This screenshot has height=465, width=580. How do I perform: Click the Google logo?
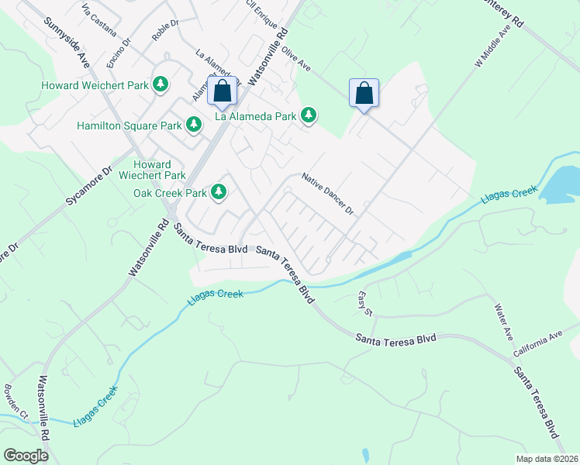[x=26, y=456]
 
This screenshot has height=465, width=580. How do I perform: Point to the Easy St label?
[x=365, y=302]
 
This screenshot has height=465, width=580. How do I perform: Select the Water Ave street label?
[x=504, y=319]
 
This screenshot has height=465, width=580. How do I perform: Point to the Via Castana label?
[x=98, y=21]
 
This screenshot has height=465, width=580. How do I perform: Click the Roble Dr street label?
[x=165, y=29]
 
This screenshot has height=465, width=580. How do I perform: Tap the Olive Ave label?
[x=297, y=59]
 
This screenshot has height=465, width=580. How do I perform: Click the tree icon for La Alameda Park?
[x=309, y=116]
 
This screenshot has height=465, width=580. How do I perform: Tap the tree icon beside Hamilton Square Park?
[x=193, y=124]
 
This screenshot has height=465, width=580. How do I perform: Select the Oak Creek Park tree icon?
[x=219, y=191]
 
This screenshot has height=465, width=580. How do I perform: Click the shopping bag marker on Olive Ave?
[x=364, y=93]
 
